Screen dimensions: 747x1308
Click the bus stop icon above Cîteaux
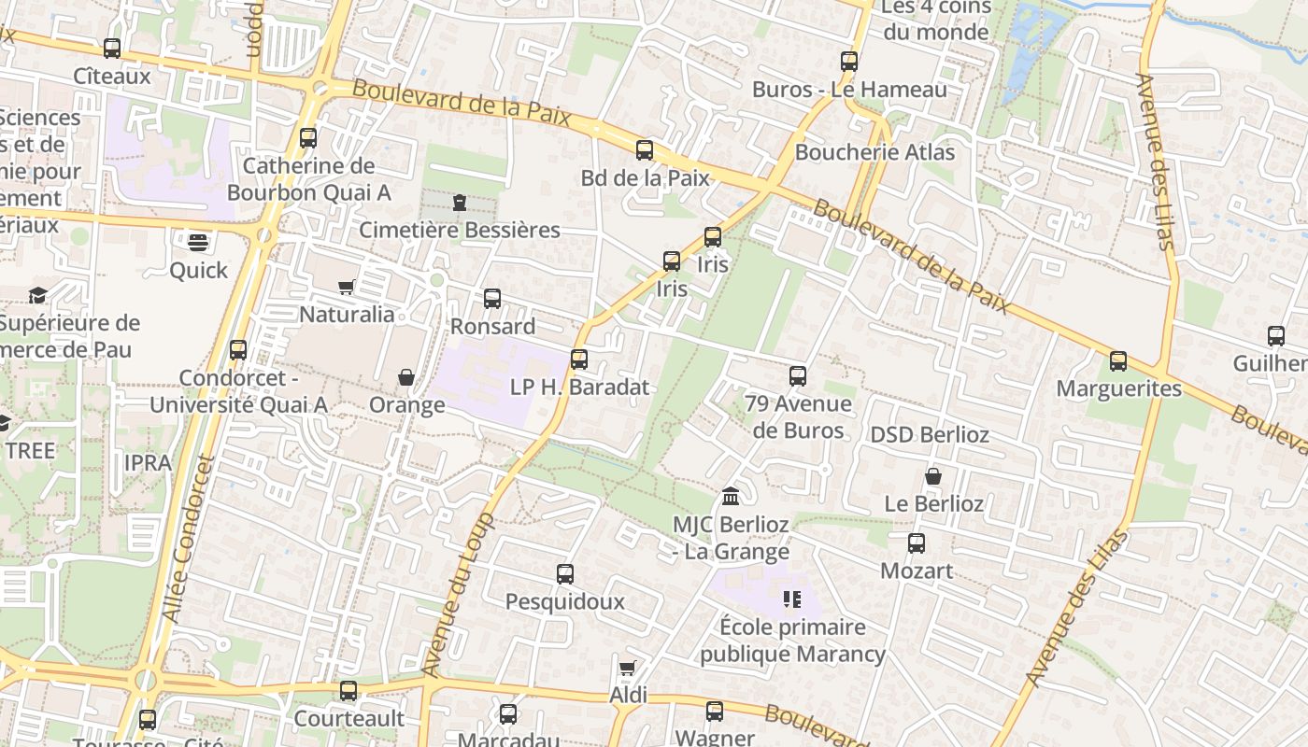pyautogui.click(x=112, y=49)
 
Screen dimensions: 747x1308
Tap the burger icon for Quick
pyautogui.click(x=198, y=243)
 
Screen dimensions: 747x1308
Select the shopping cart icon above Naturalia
pyautogui.click(x=347, y=287)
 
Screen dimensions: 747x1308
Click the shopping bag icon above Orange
pyautogui.click(x=406, y=377)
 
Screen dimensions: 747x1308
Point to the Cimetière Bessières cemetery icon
pyautogui.click(x=460, y=203)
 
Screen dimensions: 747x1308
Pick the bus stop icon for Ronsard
pyautogui.click(x=492, y=299)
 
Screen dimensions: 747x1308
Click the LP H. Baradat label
pyautogui.click(x=579, y=387)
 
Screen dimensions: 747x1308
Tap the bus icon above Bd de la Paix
pyautogui.click(x=645, y=150)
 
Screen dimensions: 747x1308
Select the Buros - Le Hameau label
pyautogui.click(x=849, y=90)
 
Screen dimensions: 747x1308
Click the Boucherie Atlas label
pyautogui.click(x=874, y=152)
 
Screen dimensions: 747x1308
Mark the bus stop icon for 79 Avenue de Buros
pyautogui.click(x=798, y=376)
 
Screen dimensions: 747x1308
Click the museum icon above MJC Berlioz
pyautogui.click(x=732, y=495)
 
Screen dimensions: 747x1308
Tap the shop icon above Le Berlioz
pyautogui.click(x=933, y=476)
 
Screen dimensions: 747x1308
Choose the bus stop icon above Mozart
pyautogui.click(x=917, y=543)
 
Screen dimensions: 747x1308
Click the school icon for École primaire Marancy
pyautogui.click(x=792, y=599)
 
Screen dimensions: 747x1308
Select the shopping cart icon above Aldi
pyautogui.click(x=628, y=669)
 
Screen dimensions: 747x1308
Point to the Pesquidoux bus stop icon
pyautogui.click(x=565, y=574)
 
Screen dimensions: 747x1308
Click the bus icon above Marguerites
pyautogui.click(x=1118, y=361)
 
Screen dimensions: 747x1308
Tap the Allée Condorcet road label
pyautogui.click(x=188, y=539)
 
